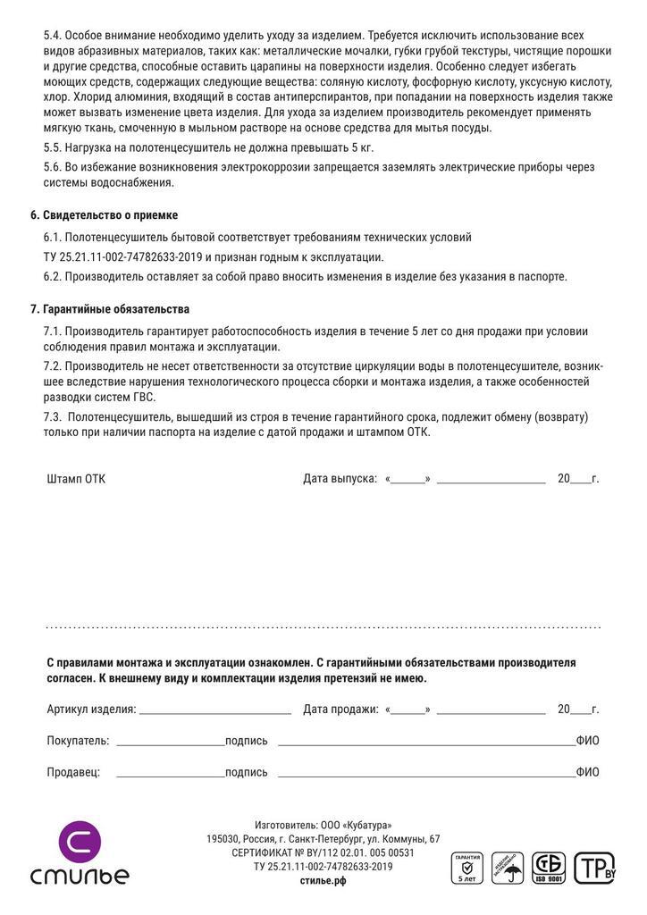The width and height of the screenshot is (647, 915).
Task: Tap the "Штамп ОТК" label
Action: point(76,479)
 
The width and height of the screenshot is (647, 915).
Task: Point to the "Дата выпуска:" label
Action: point(340,479)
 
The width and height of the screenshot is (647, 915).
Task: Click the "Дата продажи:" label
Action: point(340,709)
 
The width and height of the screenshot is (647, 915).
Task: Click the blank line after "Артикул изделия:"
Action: point(214,711)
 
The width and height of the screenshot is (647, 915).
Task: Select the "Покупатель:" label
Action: point(78,741)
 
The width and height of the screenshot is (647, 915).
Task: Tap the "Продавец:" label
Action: point(73,772)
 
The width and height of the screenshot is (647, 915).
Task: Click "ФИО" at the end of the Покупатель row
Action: point(587,741)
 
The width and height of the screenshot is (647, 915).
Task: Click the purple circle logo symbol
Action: point(80,842)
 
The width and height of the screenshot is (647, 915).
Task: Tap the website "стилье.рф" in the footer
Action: point(323,880)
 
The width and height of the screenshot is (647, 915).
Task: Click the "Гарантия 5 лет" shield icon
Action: point(466,868)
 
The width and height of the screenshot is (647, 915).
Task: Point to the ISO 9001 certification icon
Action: point(549,868)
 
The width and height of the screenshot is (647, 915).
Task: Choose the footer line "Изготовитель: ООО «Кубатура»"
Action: point(323,825)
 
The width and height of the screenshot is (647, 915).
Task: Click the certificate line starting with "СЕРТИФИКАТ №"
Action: point(323,852)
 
